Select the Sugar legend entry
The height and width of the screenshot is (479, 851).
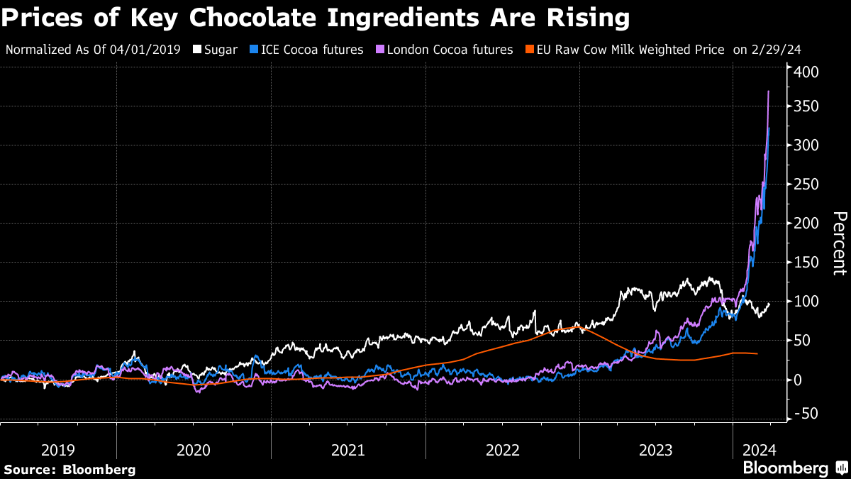(x=216, y=50)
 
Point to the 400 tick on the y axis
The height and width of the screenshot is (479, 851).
(x=807, y=72)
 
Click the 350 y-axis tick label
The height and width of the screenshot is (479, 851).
(x=807, y=106)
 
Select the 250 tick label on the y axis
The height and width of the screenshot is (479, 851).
(x=807, y=185)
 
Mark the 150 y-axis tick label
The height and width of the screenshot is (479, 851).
(x=807, y=263)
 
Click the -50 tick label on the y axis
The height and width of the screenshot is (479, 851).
(x=805, y=414)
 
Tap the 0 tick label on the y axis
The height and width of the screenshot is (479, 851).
(x=799, y=380)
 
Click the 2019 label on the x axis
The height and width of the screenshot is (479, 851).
(x=58, y=449)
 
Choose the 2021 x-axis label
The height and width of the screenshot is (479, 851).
(x=348, y=449)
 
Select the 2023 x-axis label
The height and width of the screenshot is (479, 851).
(x=656, y=449)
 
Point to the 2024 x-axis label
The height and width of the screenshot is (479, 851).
(x=760, y=449)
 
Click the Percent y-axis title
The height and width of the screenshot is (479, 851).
(x=839, y=243)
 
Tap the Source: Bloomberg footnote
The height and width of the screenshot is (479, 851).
(x=69, y=469)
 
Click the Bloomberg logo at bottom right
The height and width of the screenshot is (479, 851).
(x=794, y=468)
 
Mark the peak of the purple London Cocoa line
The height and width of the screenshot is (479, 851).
(x=769, y=92)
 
